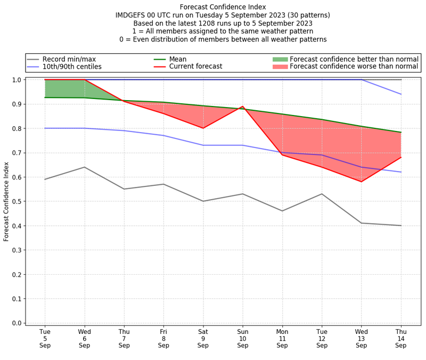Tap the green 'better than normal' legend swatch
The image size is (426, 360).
(280, 59)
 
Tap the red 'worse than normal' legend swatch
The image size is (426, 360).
(280, 67)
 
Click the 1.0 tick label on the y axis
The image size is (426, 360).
(17, 80)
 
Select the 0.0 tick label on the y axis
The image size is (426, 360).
(17, 323)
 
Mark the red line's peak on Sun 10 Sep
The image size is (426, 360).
(243, 107)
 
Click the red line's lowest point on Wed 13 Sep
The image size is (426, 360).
(362, 182)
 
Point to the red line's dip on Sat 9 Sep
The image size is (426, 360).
(203, 128)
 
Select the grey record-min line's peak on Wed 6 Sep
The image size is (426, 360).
(85, 167)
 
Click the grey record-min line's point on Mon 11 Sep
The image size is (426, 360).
(282, 211)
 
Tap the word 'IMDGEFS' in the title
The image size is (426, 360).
(131, 15)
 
